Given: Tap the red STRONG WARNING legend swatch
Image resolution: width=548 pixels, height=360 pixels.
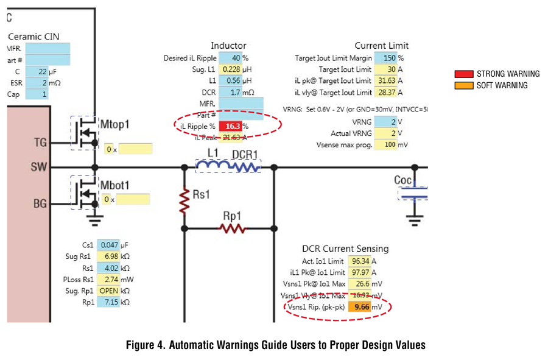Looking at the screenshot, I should pyautogui.click(x=464, y=74).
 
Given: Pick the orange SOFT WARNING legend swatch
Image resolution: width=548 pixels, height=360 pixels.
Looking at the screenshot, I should pyautogui.click(x=464, y=85).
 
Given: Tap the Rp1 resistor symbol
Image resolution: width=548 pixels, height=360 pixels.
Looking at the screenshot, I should pyautogui.click(x=232, y=229).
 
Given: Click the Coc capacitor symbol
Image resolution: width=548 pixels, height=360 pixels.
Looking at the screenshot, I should pyautogui.click(x=413, y=193).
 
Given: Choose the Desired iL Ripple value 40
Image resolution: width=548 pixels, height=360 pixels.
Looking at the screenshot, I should pyautogui.click(x=231, y=58).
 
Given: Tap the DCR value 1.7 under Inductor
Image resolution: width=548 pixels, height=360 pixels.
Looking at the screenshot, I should pyautogui.click(x=231, y=92).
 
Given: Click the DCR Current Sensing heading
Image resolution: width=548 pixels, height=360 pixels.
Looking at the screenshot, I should pyautogui.click(x=345, y=249).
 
